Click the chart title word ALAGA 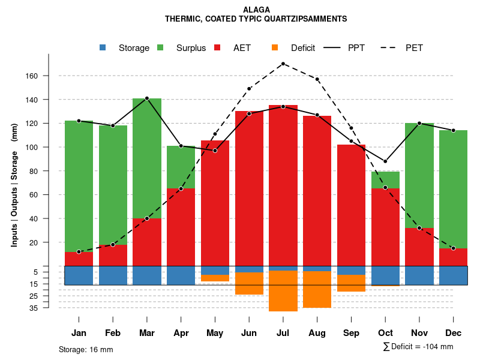click(257, 10)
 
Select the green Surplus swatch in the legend click(160, 48)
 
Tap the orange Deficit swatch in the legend click(275, 48)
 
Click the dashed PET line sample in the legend click(390, 48)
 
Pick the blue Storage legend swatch click(103, 48)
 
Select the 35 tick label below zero click(50, 308)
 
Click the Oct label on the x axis click(385, 332)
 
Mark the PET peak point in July click(283, 64)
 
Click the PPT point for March click(147, 98)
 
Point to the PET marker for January click(79, 252)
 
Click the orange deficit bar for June click(249, 283)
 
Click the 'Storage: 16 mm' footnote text click(86, 349)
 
